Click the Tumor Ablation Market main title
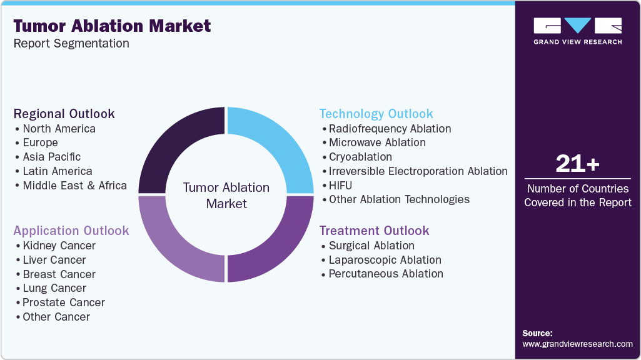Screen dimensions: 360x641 tap(112, 26)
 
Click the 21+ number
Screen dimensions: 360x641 tap(577, 164)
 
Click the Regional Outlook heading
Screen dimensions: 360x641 tap(64, 114)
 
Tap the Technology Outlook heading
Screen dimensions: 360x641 tap(376, 114)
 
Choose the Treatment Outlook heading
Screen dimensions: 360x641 tap(374, 231)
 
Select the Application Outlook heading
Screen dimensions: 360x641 tap(71, 231)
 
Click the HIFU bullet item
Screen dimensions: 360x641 tap(340, 186)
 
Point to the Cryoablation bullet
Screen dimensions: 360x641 tap(360, 157)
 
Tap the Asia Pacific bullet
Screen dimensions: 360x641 tap(51, 157)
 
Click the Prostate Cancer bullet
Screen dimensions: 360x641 tap(63, 302)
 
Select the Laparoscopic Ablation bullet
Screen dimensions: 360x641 tap(385, 260)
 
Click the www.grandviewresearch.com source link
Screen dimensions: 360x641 tap(577, 344)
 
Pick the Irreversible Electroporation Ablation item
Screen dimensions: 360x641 tap(418, 171)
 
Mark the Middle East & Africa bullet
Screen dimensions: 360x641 tap(74, 186)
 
